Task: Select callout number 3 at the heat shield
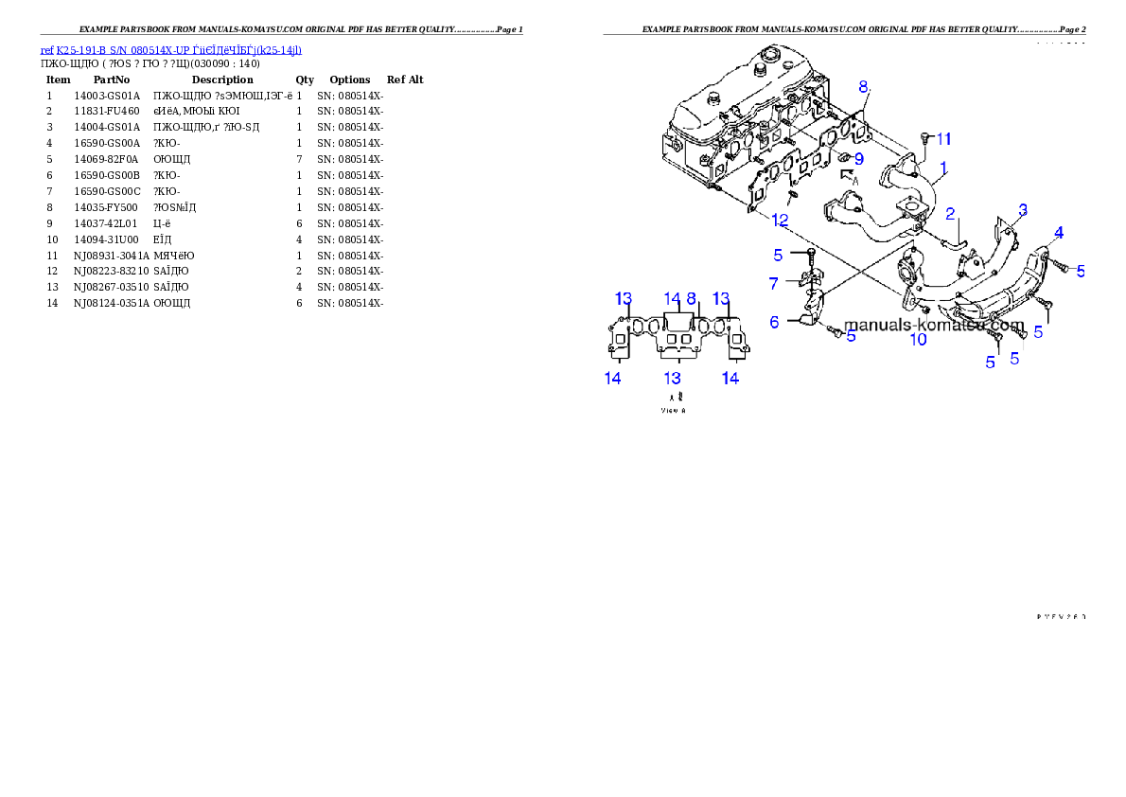1022,209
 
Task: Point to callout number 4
1059,232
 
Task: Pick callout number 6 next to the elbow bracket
774,322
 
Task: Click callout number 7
773,283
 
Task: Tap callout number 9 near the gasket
859,158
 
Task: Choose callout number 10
918,339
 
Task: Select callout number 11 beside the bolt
944,139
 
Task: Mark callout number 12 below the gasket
780,220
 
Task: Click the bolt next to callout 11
924,141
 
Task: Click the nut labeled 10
924,310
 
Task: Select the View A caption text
673,411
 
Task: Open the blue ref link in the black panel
170,49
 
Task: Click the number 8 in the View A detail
692,298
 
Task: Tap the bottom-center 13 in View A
672,378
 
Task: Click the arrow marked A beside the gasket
848,176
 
